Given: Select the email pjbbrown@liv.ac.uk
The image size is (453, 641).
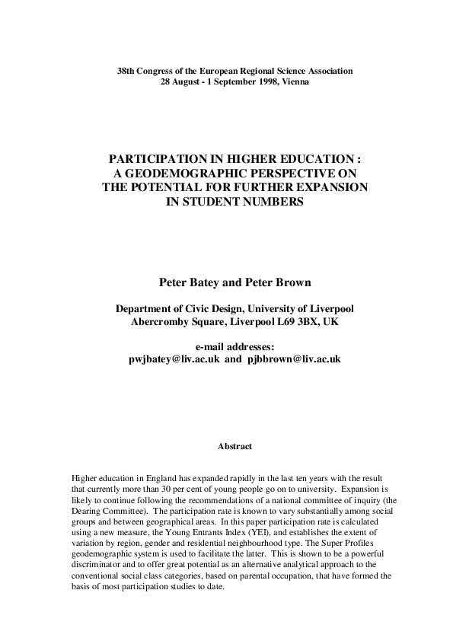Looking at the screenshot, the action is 293,358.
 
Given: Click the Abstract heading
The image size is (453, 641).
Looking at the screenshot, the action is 234,446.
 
